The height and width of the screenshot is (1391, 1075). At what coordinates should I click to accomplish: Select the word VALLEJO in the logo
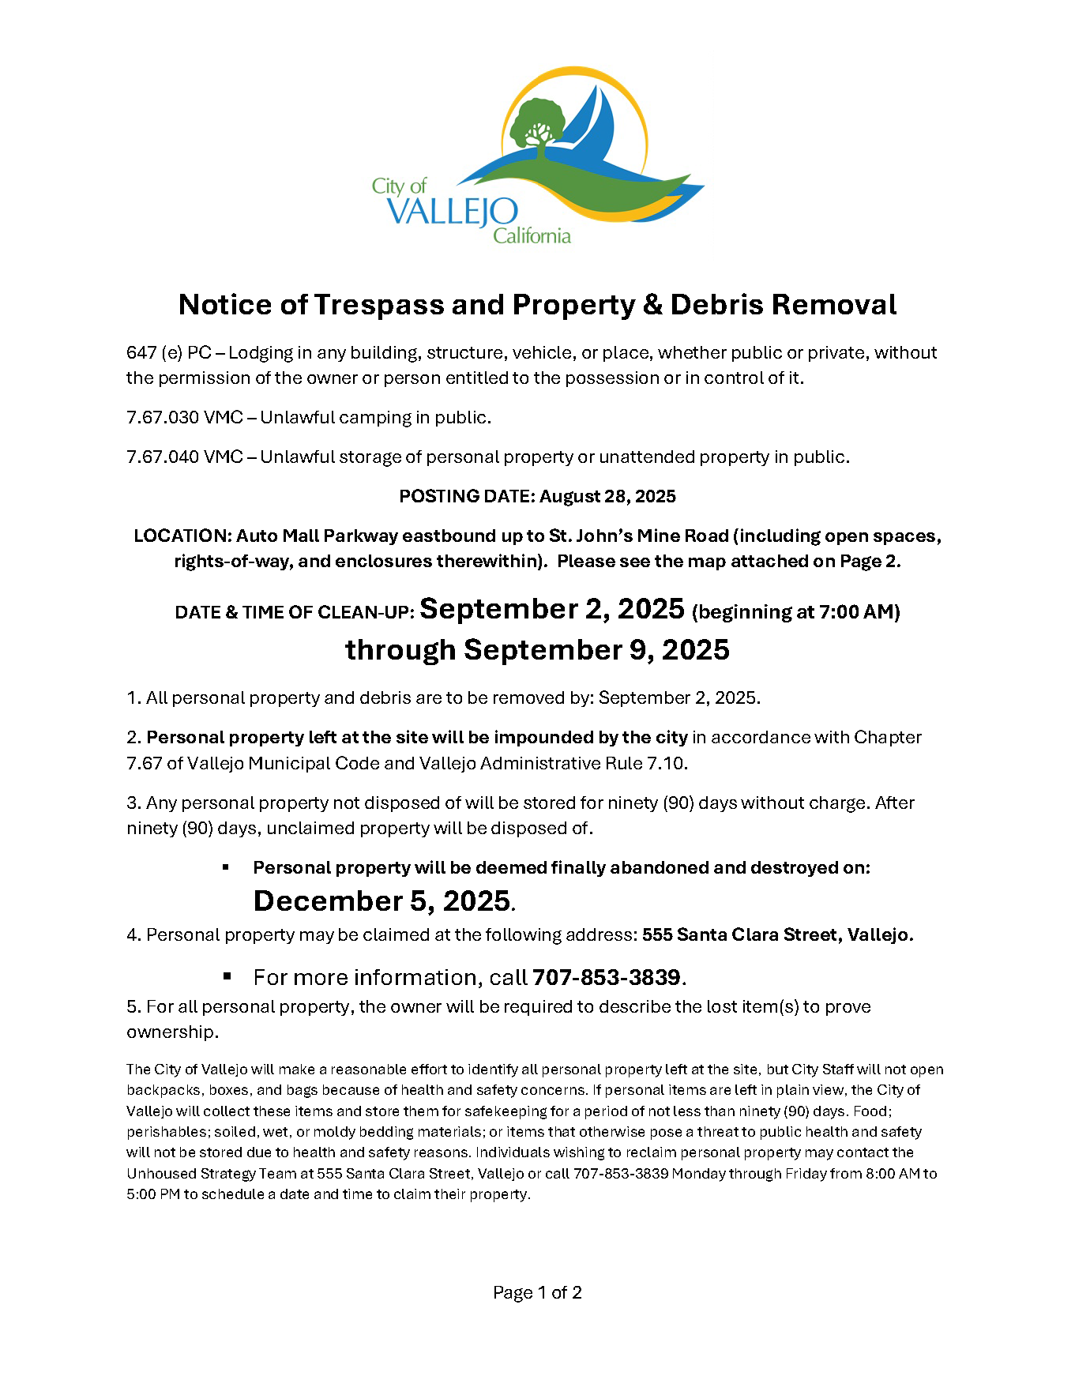click(453, 212)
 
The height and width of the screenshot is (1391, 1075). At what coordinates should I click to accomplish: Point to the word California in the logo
click(532, 235)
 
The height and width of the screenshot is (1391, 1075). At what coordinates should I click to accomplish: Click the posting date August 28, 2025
click(607, 496)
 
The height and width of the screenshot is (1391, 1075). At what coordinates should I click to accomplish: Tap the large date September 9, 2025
click(596, 649)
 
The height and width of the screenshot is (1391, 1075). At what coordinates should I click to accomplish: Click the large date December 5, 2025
click(382, 900)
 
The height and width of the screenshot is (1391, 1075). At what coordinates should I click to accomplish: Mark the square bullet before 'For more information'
click(227, 976)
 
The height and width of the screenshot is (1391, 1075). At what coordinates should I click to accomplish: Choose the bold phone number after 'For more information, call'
click(607, 977)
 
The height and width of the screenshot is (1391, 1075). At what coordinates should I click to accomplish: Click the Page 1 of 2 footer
click(537, 1292)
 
